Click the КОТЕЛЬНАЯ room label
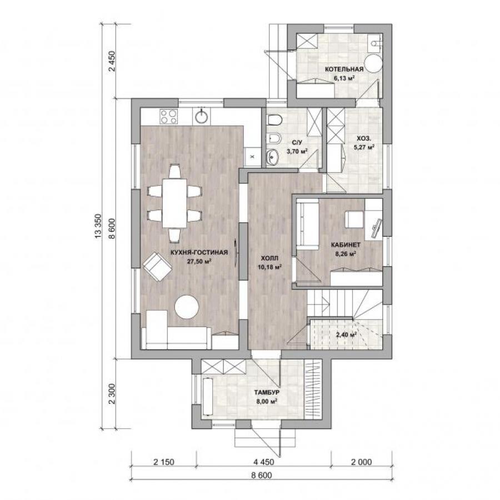click(344, 69)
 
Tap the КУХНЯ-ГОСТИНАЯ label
click(199, 253)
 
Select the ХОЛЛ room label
click(269, 258)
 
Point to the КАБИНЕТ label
click(346, 245)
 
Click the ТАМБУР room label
click(267, 392)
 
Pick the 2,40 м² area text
click(346, 335)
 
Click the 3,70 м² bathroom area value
click(297, 151)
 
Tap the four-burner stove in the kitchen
click(169, 117)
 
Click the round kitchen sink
click(202, 116)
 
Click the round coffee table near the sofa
click(187, 307)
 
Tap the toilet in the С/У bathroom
click(275, 120)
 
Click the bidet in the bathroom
click(274, 138)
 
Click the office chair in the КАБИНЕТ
click(354, 219)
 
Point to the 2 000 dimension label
click(361, 462)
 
